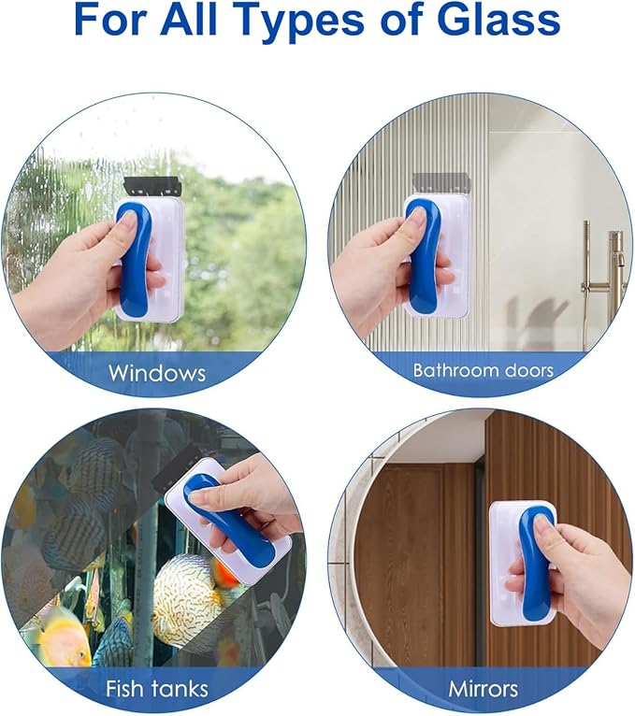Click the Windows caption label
pos(157,373)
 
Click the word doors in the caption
pos(523,369)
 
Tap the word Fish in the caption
pos(125,688)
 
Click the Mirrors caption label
pos(483,689)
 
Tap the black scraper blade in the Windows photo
pos(153,187)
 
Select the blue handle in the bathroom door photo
pos(424,257)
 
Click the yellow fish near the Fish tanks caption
pos(60,639)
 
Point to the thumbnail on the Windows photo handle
pos(128,223)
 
